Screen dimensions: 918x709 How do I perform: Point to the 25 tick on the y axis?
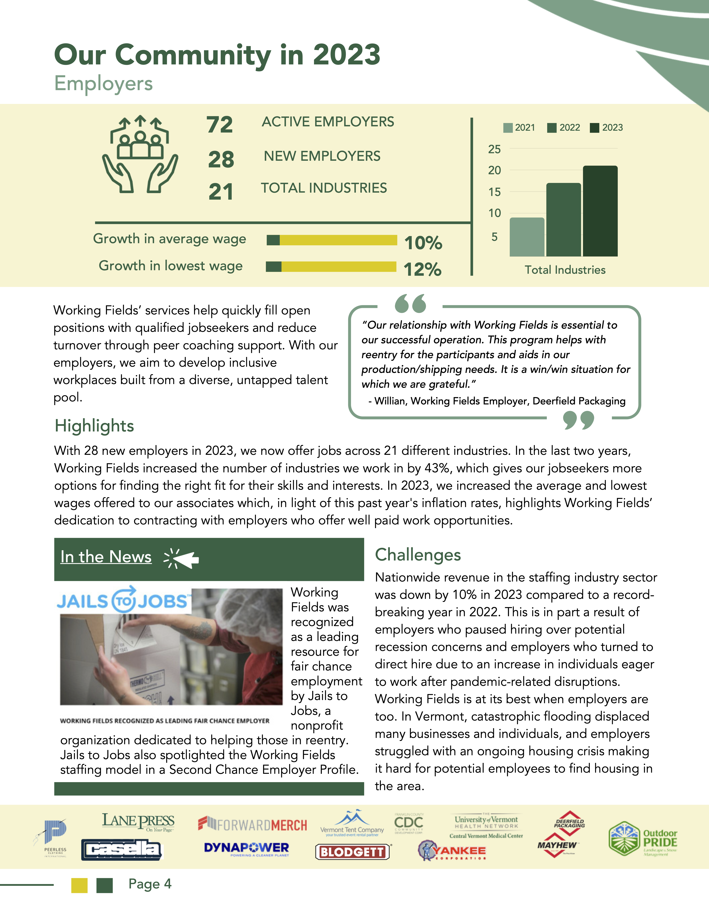[x=494, y=149]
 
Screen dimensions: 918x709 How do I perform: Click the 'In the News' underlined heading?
[x=106, y=557]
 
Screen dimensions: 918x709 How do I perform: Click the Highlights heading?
[x=94, y=426]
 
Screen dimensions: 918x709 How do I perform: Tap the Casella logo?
[x=121, y=850]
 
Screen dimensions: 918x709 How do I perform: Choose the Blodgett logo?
[x=352, y=852]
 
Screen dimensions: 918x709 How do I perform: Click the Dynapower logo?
[x=247, y=848]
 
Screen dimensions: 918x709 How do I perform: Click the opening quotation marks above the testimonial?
[x=410, y=303]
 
